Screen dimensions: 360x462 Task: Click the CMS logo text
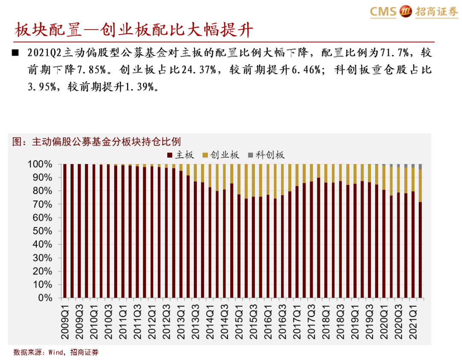pyautogui.click(x=383, y=12)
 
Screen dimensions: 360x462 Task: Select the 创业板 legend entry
pyautogui.click(x=221, y=155)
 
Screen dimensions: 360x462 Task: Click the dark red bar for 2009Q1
pyautogui.click(x=65, y=231)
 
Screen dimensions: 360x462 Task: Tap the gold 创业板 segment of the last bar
pyautogui.click(x=421, y=185)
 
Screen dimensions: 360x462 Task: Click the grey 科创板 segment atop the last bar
pyautogui.click(x=421, y=167)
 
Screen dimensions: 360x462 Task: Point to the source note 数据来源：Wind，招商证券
pyautogui.click(x=56, y=352)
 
